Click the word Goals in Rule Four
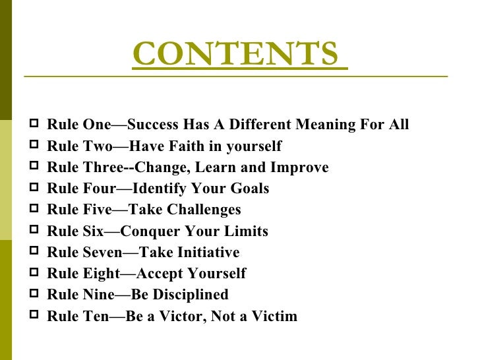251,189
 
